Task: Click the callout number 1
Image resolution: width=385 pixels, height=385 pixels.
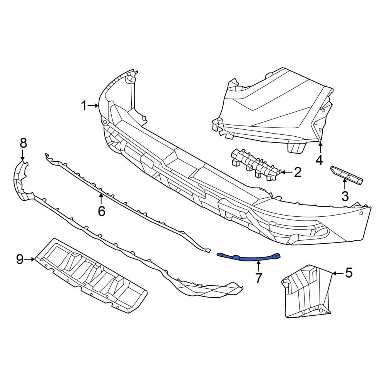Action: click(84, 105)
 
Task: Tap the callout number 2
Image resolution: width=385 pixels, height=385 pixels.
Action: click(297, 172)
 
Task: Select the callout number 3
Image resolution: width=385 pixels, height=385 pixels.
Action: click(345, 196)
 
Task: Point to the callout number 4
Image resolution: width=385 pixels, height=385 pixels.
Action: click(319, 159)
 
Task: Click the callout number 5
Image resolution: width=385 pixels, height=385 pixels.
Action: click(348, 273)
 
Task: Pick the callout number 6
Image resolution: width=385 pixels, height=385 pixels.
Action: click(101, 211)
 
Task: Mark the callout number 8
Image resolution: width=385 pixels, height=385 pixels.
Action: click(23, 143)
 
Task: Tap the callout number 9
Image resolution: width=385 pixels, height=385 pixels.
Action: click(20, 259)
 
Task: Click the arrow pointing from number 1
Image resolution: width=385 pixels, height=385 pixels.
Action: click(94, 105)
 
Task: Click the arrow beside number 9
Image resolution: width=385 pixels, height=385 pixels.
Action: click(30, 259)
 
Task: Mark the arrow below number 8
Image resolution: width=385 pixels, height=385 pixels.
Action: click(23, 156)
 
